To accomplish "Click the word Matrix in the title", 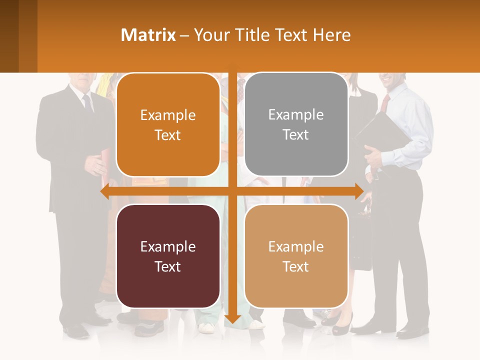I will (x=148, y=35).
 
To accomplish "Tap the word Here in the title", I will (x=332, y=35).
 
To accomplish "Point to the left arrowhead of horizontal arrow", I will (x=105, y=191).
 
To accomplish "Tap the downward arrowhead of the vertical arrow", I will (x=232, y=318).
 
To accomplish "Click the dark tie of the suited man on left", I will (x=88, y=103).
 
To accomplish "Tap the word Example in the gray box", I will (x=296, y=115).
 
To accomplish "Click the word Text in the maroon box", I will (x=168, y=266).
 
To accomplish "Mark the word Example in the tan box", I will (x=296, y=246).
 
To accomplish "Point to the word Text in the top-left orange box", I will (x=168, y=135).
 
